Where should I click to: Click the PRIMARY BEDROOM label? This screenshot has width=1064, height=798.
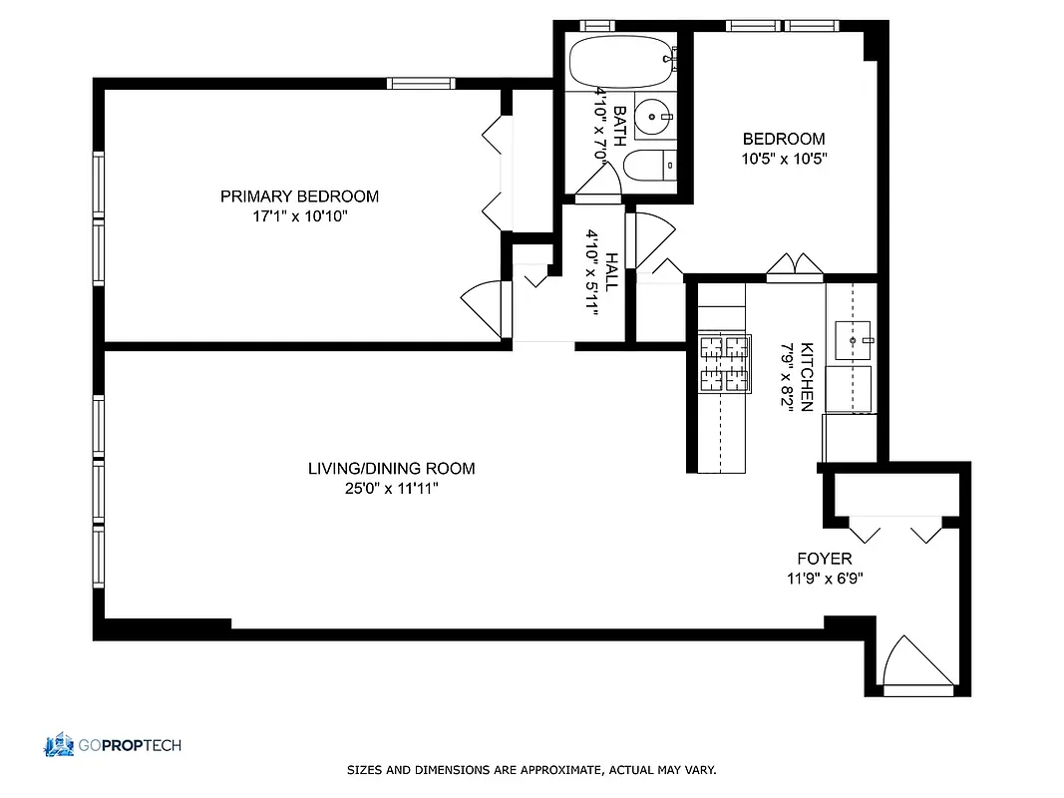(299, 197)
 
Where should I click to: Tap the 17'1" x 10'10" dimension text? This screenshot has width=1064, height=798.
(299, 215)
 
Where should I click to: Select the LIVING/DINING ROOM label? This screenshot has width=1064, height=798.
(391, 468)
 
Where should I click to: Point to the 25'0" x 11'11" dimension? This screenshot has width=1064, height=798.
(391, 488)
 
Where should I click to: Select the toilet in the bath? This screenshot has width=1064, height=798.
(648, 166)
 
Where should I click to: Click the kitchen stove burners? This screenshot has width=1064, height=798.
(723, 362)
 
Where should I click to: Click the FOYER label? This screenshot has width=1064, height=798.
(824, 559)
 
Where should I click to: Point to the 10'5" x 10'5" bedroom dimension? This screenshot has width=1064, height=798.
(784, 158)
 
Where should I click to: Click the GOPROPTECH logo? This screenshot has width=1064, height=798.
(112, 744)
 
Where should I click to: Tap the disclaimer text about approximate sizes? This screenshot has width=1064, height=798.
(532, 770)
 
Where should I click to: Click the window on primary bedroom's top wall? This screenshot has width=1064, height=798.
(421, 83)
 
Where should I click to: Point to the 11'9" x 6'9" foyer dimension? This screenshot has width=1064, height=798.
(824, 578)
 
